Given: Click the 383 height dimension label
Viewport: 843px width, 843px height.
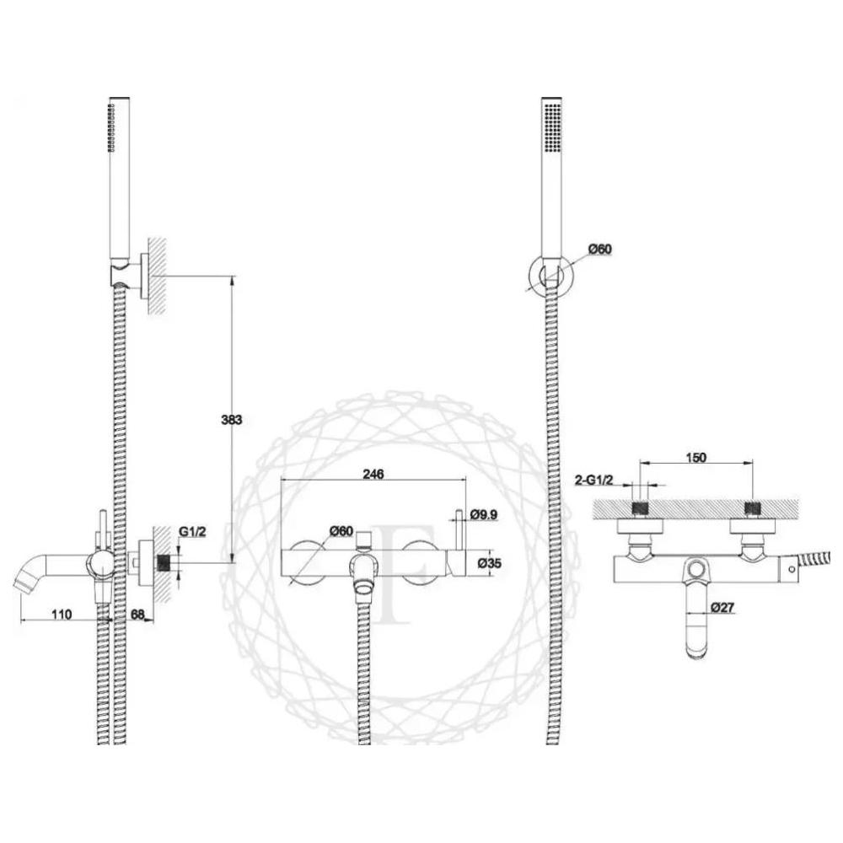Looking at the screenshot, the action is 232,419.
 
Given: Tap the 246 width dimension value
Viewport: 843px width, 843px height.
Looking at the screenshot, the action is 373,474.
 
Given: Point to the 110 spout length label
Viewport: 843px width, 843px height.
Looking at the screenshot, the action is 62,614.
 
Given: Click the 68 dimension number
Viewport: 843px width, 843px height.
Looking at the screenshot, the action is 137,614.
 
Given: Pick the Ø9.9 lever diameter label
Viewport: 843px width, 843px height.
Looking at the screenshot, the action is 484,514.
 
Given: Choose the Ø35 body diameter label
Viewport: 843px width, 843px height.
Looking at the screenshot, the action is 489,563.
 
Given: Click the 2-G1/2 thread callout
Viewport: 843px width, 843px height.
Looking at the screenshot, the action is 593,480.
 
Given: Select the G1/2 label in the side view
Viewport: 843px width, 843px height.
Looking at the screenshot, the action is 192,532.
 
